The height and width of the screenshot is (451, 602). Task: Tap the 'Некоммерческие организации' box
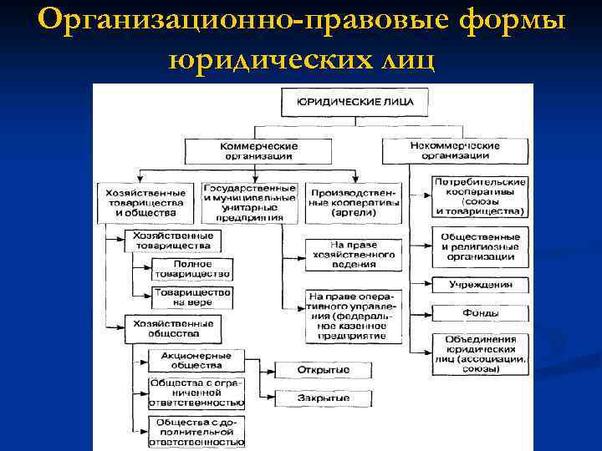click(457, 150)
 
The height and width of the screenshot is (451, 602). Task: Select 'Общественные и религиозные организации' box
click(480, 246)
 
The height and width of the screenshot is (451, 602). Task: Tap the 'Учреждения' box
click(480, 284)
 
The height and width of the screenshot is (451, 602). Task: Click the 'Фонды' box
click(480, 313)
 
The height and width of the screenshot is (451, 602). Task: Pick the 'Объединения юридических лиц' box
click(480, 352)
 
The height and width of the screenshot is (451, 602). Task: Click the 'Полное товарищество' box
click(191, 269)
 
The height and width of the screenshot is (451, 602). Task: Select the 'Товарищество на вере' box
click(191, 296)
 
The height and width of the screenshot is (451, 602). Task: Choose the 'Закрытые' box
click(323, 398)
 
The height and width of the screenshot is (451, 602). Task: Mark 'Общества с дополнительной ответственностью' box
click(191, 432)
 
